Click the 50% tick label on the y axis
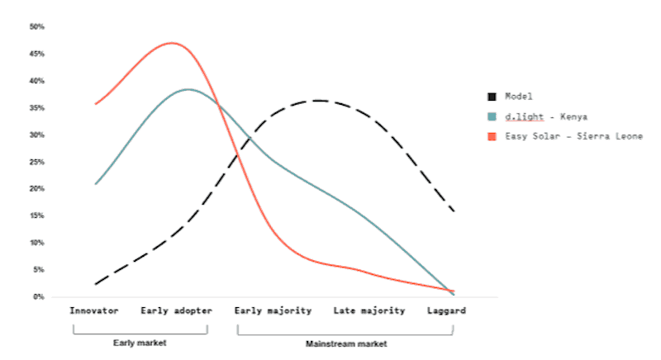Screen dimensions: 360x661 pyautogui.click(x=37, y=27)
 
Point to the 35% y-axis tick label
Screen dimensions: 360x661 pyautogui.click(x=37, y=108)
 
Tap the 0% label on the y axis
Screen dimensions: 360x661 pyautogui.click(x=39, y=296)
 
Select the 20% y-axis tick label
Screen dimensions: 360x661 pyautogui.click(x=37, y=189)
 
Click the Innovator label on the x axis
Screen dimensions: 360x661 pyautogui.click(x=94, y=311)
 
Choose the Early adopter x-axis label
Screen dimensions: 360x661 pyautogui.click(x=176, y=311)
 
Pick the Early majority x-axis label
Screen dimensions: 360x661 pyautogui.click(x=273, y=311)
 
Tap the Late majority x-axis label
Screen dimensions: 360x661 pyautogui.click(x=369, y=311)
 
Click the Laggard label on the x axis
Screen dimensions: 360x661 pyautogui.click(x=446, y=311)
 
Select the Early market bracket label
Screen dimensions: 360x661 pyautogui.click(x=140, y=343)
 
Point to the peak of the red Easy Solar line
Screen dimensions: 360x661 pyautogui.click(x=172, y=43)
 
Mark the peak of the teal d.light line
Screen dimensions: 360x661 pyautogui.click(x=188, y=89)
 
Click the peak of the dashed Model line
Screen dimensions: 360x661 pyautogui.click(x=318, y=101)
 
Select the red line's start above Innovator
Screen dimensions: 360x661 pyautogui.click(x=96, y=104)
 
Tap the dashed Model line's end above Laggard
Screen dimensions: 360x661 pyautogui.click(x=454, y=211)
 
